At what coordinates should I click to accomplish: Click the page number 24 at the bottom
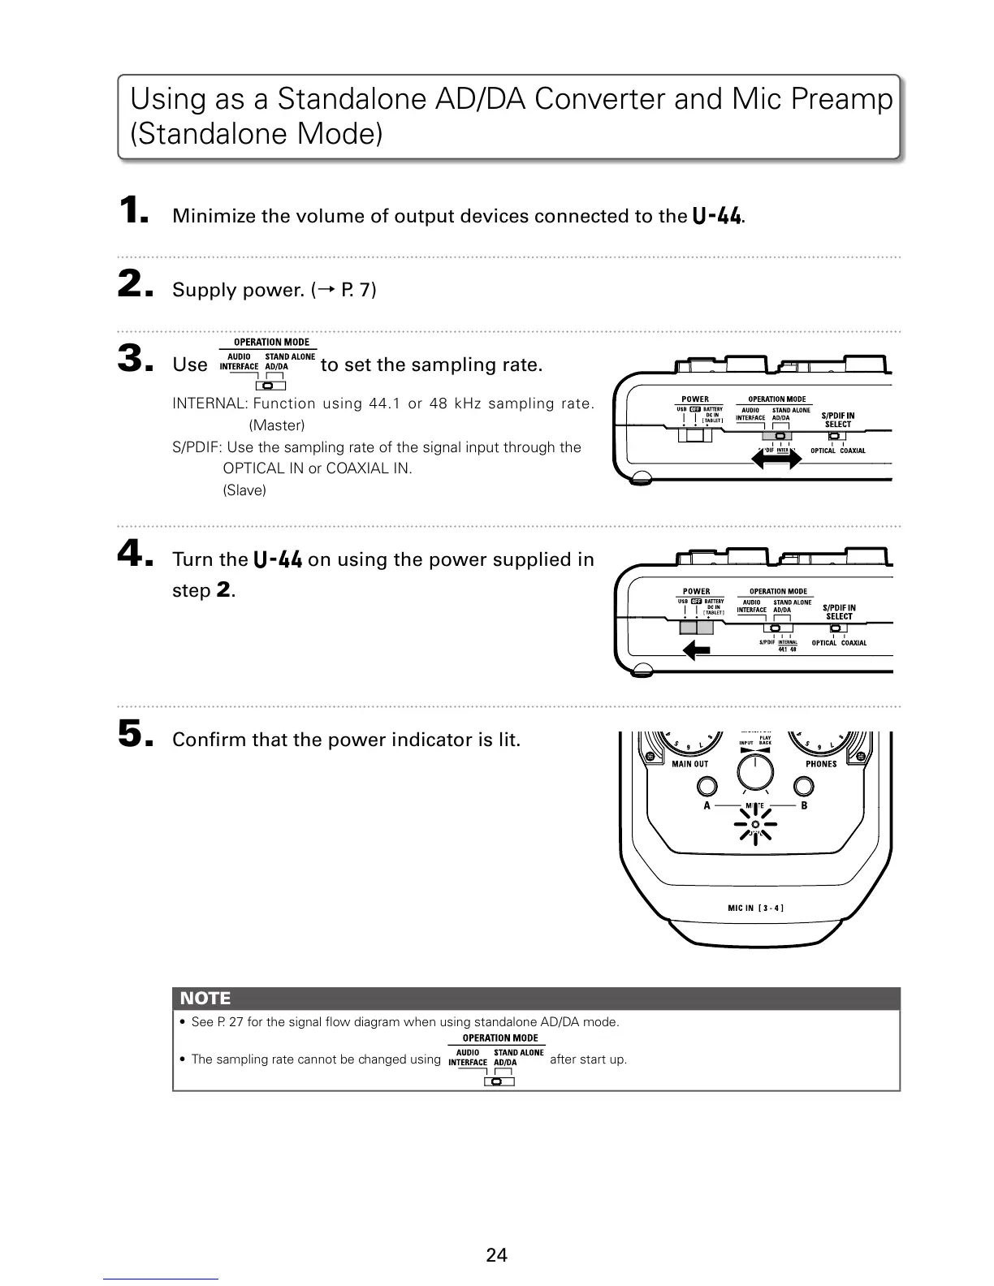click(496, 1255)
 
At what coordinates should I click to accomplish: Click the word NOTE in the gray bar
click(205, 999)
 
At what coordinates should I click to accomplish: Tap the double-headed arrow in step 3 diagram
click(778, 460)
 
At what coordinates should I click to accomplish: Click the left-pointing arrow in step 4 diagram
click(697, 649)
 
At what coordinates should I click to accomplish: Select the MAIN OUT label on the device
click(689, 764)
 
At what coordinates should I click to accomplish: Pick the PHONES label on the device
click(821, 764)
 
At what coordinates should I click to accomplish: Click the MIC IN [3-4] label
click(755, 908)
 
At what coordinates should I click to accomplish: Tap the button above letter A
click(707, 786)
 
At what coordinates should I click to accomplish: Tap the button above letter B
click(804, 786)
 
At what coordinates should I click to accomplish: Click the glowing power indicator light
click(755, 825)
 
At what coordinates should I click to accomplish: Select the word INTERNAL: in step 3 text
click(210, 404)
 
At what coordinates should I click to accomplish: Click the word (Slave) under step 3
click(244, 490)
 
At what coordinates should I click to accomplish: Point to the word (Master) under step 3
click(277, 425)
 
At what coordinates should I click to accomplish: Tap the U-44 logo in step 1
click(716, 216)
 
